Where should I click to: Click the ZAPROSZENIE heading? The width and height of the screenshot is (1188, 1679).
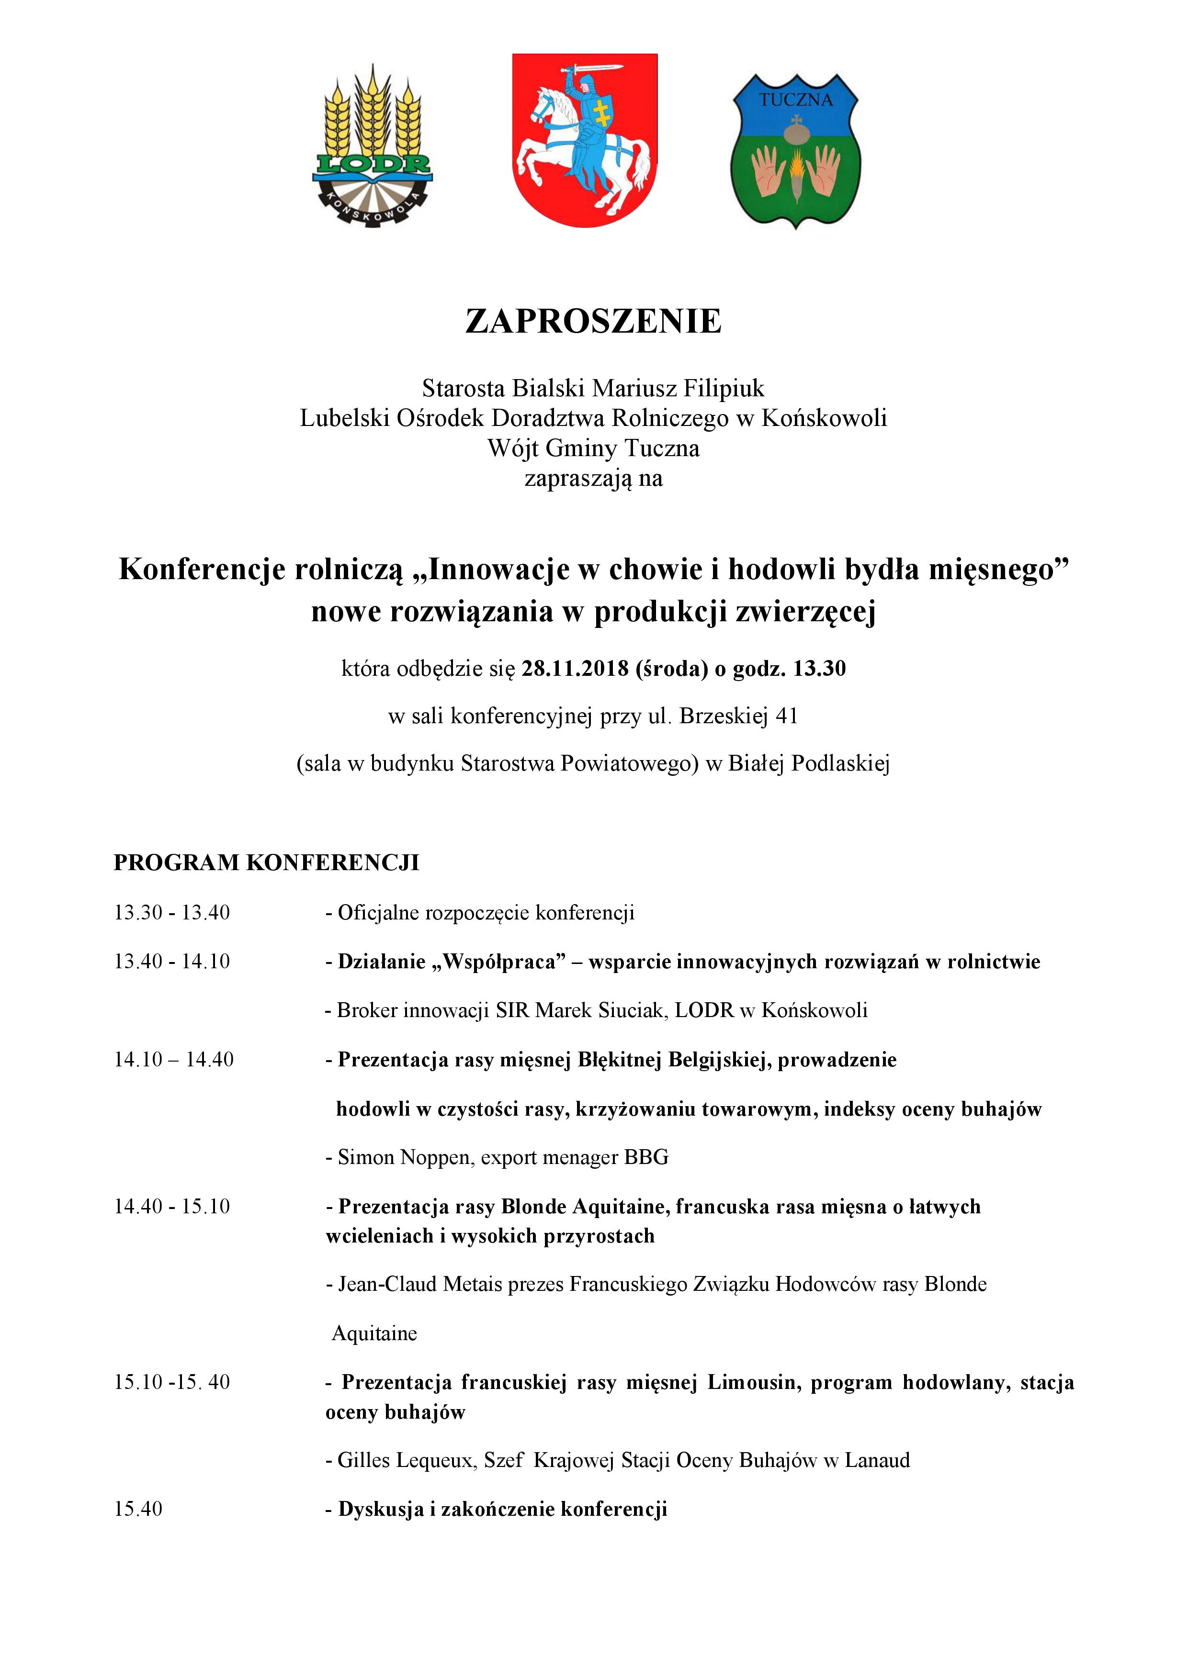click(593, 322)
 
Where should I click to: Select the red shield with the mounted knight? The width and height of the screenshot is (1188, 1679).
click(585, 139)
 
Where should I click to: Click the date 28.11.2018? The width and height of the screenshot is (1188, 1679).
click(575, 668)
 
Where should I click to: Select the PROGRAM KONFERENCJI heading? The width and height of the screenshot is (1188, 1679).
click(266, 863)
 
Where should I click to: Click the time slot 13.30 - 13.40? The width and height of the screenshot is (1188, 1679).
click(172, 913)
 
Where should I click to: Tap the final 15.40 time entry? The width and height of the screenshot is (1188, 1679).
click(138, 1509)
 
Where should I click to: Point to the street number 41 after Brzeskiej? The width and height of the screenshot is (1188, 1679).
click(786, 716)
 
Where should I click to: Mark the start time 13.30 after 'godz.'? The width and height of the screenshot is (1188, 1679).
click(819, 668)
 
